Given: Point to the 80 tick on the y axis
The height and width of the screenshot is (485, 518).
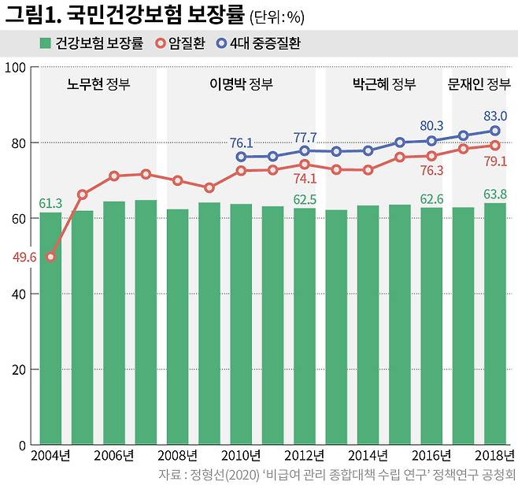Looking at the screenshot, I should click(x=17, y=143).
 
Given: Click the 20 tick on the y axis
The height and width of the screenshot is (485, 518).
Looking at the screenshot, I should click(x=17, y=369).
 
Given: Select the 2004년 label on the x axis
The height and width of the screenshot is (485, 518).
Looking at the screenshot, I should click(x=50, y=456).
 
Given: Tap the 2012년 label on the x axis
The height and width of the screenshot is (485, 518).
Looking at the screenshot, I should click(x=304, y=456).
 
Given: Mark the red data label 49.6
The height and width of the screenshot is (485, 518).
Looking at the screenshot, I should click(x=24, y=257).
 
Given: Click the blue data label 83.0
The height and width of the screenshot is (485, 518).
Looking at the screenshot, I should click(x=494, y=116).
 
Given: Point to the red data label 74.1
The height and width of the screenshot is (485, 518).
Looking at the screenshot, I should click(x=305, y=180).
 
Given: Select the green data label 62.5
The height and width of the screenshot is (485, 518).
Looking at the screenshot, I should click(x=305, y=199).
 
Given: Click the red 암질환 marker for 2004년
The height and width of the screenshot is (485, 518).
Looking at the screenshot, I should click(x=51, y=257).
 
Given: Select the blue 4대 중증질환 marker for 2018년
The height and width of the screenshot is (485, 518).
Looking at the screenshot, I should click(x=494, y=131).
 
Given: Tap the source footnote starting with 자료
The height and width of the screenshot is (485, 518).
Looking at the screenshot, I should click(x=334, y=474).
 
